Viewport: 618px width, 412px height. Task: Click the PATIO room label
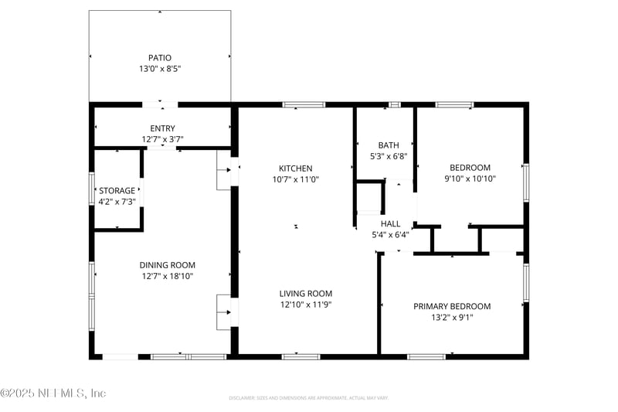coord(160,57)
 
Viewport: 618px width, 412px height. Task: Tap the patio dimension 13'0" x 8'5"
coord(160,69)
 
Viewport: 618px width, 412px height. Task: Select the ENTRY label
coord(162,128)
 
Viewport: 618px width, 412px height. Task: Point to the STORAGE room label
coord(117,190)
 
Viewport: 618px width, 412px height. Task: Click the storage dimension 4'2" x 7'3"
coord(117,202)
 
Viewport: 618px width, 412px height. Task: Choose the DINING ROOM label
coord(167,264)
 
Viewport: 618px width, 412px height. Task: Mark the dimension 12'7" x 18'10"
coord(167,276)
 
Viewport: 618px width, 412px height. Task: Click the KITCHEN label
coord(296,168)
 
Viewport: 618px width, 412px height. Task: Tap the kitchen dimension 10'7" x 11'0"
coord(296,179)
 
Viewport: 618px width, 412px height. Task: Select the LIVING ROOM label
coord(306,293)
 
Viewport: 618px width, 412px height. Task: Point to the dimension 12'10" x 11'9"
coord(306,305)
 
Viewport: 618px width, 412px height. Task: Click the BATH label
coord(389,145)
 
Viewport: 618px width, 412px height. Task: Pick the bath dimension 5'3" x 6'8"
coord(389,156)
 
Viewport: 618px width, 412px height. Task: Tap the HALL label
coord(390,223)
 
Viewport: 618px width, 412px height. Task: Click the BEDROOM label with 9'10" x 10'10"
coord(470,167)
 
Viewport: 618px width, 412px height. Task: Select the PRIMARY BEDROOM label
coord(452,306)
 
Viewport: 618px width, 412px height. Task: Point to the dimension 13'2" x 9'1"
coord(452,318)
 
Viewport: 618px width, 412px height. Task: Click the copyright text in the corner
coord(53,393)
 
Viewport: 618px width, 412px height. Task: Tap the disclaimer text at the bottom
coord(308,398)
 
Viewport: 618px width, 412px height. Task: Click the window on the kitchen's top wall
coord(304,104)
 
